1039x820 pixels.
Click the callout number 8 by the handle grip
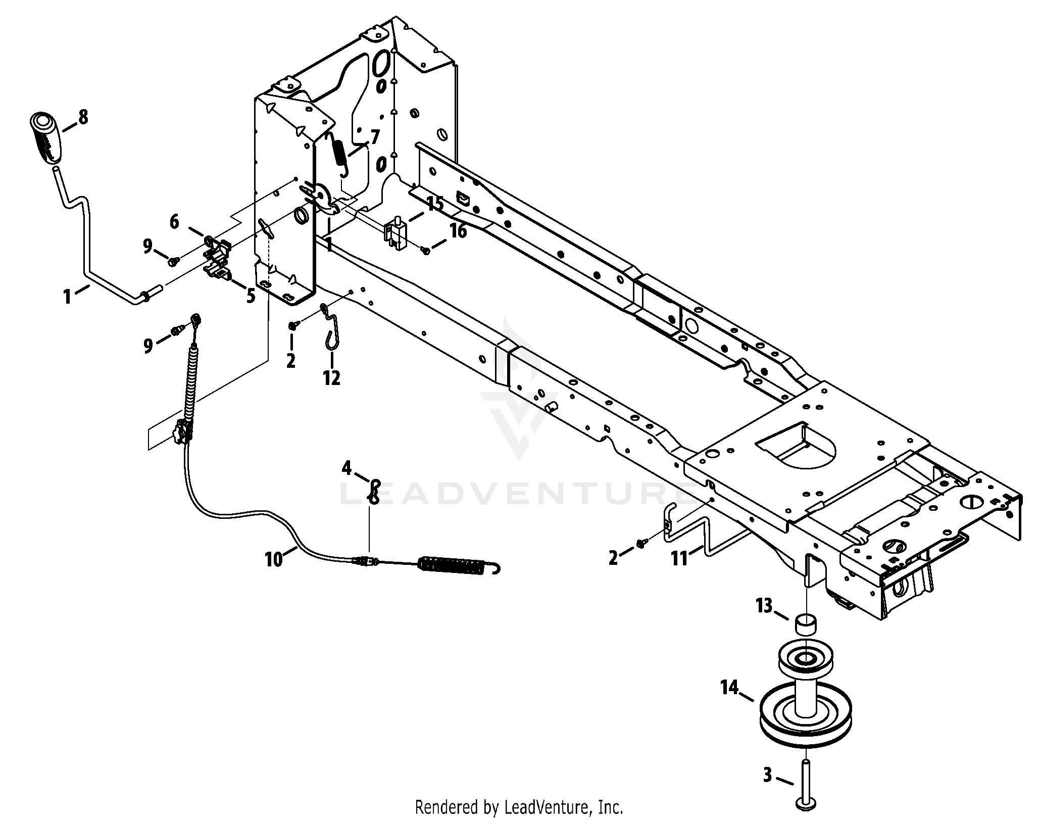[x=83, y=117]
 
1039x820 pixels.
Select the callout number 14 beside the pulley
[x=730, y=688]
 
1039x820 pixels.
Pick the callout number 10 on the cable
[x=274, y=559]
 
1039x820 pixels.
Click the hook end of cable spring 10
[x=496, y=568]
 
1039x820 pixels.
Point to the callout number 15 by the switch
[x=434, y=205]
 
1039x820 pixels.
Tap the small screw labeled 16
[x=426, y=250]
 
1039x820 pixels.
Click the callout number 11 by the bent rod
[x=679, y=559]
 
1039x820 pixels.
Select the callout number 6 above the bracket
[x=174, y=221]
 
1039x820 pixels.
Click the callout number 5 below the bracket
[x=251, y=296]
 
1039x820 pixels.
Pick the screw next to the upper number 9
[x=173, y=260]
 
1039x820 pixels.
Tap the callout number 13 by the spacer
[x=764, y=605]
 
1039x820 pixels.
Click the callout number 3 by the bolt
[x=767, y=775]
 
